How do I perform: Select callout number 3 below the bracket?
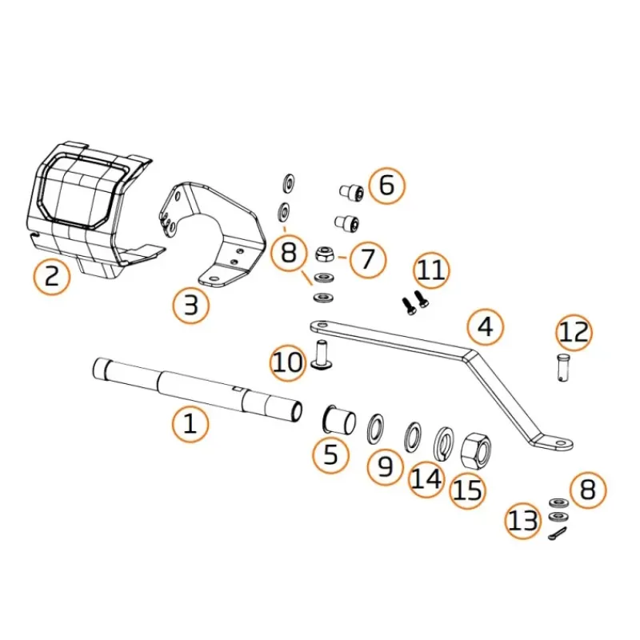[x=190, y=305]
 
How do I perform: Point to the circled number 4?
[x=486, y=327]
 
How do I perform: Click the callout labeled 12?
[x=574, y=332]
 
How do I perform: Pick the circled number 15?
[x=468, y=490]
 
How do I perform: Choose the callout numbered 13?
[x=522, y=521]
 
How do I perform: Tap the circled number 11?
[x=431, y=270]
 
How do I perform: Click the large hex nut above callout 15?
[x=475, y=450]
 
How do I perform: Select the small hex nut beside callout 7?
[x=326, y=254]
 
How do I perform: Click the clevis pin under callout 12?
[x=563, y=368]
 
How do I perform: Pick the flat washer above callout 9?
[x=375, y=428]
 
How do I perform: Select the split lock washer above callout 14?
[x=443, y=444]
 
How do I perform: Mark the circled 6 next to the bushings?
[x=387, y=186]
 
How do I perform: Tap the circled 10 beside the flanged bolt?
[x=288, y=362]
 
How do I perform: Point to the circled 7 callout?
[x=367, y=259]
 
